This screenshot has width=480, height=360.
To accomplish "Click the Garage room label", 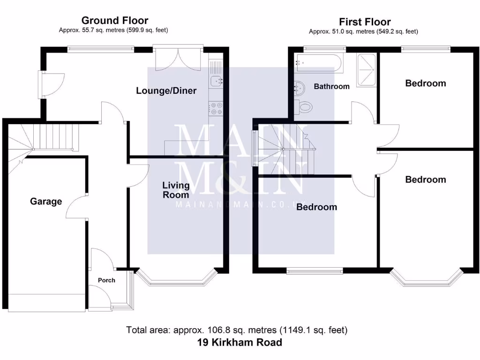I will pos(46,202).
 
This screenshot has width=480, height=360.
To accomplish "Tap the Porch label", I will pos(106,280).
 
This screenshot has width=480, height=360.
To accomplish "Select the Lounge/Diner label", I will pos(166,90).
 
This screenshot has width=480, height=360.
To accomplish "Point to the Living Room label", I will pos(176,190).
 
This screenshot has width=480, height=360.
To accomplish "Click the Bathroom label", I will pos(331,86).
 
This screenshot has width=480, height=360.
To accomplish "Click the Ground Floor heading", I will pos(115,20).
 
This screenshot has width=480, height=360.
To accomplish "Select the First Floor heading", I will pos(365,22).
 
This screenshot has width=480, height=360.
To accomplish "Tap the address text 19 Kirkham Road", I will pos(240,343).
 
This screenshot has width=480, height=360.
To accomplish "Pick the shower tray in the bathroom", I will pos(367,70).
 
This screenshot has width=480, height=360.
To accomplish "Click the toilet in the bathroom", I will pos(304,106).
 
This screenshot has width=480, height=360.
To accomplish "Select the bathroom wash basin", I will pos(299,87).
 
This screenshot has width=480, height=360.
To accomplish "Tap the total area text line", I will pos(237,330).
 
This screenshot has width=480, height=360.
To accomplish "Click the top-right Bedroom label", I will pos(425,83).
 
